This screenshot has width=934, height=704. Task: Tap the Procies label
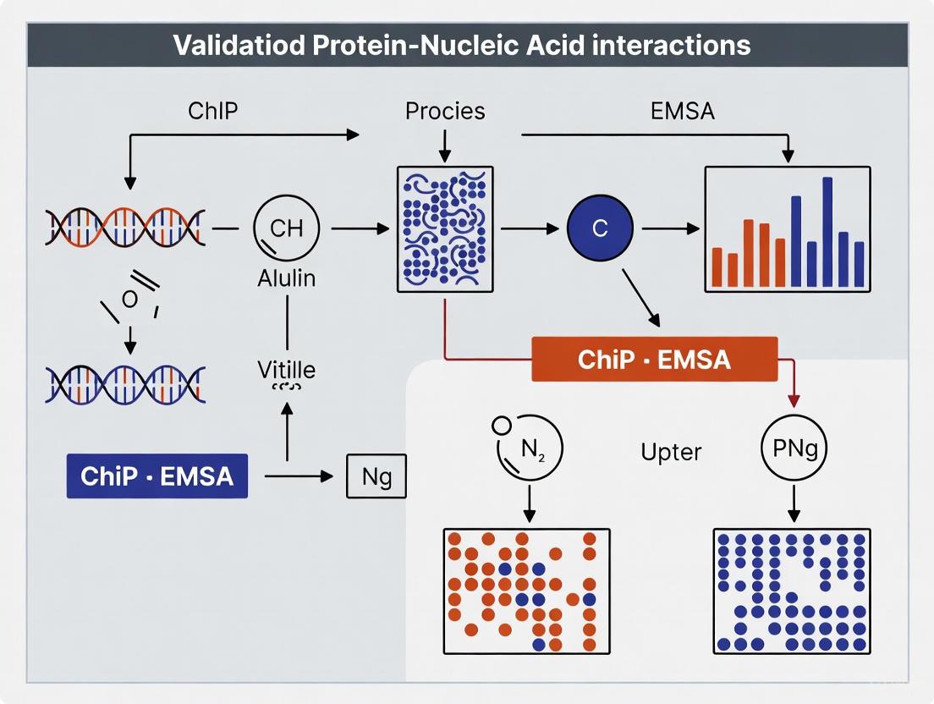[x=445, y=110]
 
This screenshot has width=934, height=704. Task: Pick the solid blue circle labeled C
[x=599, y=228]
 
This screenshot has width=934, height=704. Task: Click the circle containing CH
[x=286, y=228]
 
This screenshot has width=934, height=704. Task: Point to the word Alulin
[x=286, y=278]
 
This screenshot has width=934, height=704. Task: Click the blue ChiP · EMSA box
[x=157, y=475]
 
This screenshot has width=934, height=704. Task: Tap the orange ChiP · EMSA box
[x=654, y=359]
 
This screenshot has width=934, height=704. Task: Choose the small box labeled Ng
[x=376, y=476]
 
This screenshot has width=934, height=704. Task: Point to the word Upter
[x=671, y=451]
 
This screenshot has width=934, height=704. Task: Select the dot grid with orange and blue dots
[x=526, y=591]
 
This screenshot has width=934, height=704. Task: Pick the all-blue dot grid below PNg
[x=791, y=591]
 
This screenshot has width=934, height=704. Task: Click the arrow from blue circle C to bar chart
[x=671, y=228]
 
